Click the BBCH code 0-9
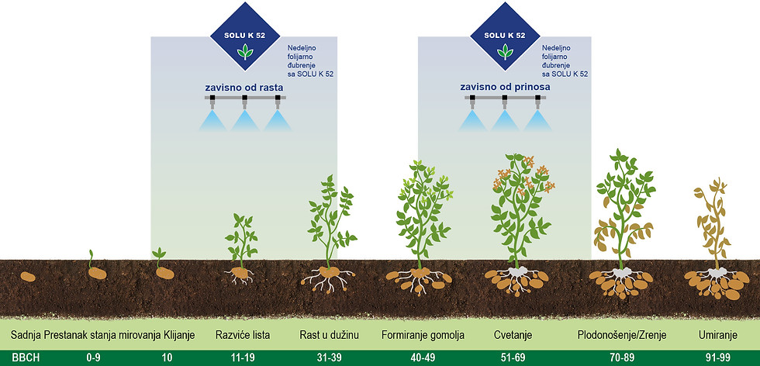click(94, 358)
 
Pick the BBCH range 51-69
click(512, 358)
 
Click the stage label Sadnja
click(26, 336)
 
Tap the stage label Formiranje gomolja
click(423, 336)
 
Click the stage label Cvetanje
click(513, 336)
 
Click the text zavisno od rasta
click(244, 88)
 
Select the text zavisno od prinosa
click(505, 88)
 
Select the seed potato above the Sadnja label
click(28, 277)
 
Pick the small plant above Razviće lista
click(241, 240)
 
